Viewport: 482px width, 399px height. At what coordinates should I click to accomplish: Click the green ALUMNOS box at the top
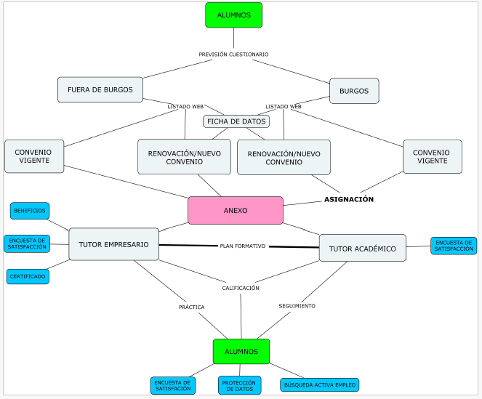coord(233,15)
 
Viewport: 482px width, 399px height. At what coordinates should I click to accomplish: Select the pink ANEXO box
coord(236,210)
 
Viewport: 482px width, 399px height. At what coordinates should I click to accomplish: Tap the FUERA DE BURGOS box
coord(100,90)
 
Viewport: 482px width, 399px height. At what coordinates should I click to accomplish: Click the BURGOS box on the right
coord(354,91)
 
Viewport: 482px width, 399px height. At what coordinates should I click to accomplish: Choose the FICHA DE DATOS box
coord(236,121)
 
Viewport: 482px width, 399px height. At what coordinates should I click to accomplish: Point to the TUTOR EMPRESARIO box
coord(113,244)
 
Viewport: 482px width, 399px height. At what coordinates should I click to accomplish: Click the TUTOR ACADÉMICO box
coord(362,249)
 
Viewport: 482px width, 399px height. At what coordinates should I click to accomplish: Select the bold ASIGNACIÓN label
coord(349,199)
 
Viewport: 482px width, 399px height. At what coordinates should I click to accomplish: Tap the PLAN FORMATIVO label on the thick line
coord(243,246)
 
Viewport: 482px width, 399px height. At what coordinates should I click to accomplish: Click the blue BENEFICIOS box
coord(30,211)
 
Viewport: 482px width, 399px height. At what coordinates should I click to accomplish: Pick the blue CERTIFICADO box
coord(28,276)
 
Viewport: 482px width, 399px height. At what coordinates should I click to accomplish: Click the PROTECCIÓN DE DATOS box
coord(238,385)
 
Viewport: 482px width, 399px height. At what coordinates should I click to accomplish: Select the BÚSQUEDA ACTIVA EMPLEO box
coord(319,384)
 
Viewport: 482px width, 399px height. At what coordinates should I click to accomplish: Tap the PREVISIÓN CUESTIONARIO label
coord(233,55)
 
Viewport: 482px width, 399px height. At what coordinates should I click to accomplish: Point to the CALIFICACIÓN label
coord(241,288)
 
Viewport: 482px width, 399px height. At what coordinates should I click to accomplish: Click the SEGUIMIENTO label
coord(297,306)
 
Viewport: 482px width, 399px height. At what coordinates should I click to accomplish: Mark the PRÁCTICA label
coord(191,307)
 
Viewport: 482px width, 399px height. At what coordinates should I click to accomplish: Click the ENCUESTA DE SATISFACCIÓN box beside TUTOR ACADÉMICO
coord(454,246)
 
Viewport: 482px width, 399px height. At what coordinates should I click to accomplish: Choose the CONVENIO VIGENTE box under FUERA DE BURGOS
coord(34,156)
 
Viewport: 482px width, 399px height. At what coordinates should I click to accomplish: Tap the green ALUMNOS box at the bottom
coord(241,351)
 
